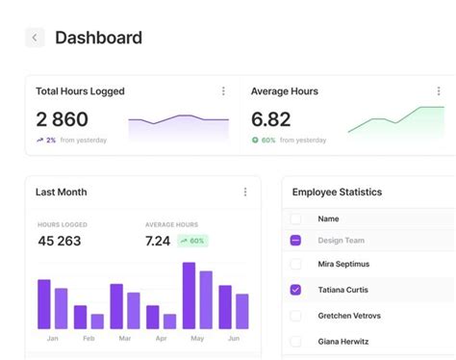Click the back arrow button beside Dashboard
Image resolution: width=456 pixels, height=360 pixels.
click(35, 38)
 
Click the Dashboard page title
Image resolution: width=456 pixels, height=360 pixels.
click(99, 38)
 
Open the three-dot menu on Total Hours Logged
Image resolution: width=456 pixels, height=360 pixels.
click(223, 91)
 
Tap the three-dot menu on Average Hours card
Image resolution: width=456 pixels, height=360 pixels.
click(439, 91)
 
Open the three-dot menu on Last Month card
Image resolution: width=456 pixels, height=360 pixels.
click(245, 192)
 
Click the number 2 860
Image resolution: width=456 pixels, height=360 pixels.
click(63, 119)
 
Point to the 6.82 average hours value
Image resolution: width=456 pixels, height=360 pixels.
click(271, 119)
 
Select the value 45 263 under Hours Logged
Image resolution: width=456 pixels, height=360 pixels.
click(60, 241)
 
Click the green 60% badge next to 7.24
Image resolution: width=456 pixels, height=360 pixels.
click(192, 241)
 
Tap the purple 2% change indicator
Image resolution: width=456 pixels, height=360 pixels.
click(46, 141)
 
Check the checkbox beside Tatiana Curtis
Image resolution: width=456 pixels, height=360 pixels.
click(295, 290)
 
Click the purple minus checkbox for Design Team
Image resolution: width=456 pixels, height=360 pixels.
click(295, 241)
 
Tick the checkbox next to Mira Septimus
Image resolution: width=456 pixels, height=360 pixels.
click(295, 264)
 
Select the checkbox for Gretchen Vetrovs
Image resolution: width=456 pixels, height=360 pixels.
click(295, 316)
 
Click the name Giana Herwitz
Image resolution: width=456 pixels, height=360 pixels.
click(343, 342)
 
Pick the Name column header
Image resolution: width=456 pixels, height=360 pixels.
click(328, 219)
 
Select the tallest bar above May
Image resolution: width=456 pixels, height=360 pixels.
click(189, 296)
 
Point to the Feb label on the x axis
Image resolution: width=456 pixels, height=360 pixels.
click(89, 338)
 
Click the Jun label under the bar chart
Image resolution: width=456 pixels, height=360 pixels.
click(234, 338)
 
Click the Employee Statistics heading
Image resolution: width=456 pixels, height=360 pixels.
click(337, 193)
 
